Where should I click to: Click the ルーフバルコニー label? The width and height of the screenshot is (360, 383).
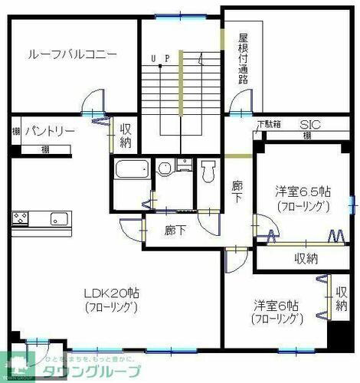point(72,55)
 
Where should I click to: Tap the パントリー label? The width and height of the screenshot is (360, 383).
point(50,132)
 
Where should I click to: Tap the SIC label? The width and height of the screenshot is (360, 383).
point(309,124)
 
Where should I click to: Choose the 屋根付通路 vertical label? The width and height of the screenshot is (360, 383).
point(244,59)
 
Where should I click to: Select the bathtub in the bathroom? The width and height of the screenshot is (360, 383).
point(130,170)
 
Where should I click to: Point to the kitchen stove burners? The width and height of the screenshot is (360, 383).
point(21,220)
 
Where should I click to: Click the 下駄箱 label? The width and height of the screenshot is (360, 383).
point(268,124)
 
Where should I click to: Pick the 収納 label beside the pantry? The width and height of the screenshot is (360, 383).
point(126,137)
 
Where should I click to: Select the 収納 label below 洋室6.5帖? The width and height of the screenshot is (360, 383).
point(306,258)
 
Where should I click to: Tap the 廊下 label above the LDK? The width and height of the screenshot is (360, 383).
point(175,230)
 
